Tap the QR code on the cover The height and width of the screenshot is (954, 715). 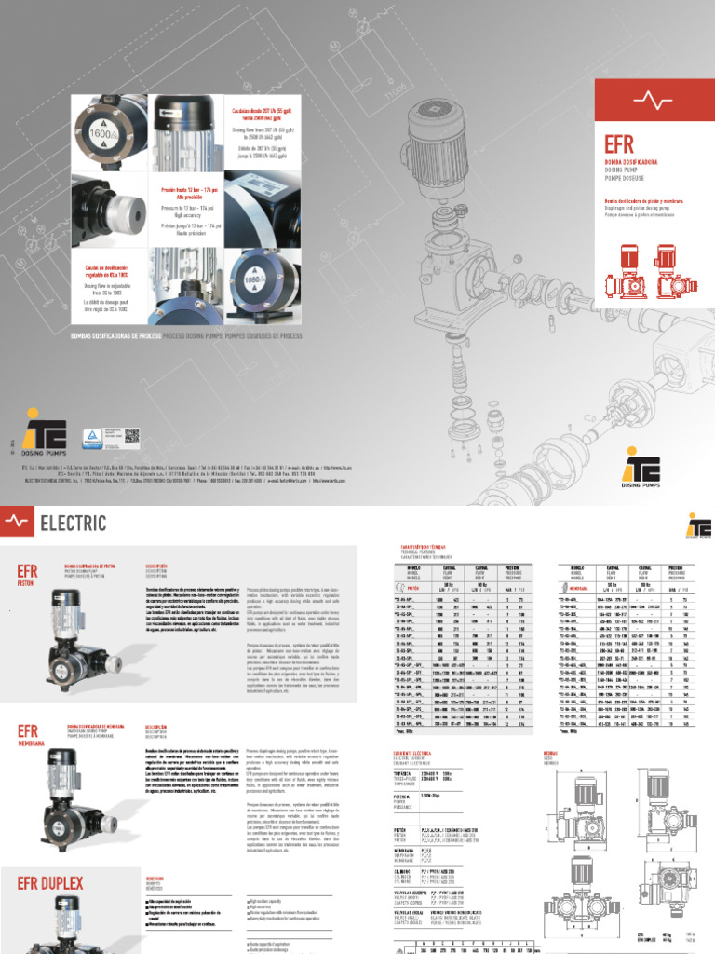(132, 437)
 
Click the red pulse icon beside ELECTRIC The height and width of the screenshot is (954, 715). (18, 524)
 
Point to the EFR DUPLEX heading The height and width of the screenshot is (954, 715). (50, 882)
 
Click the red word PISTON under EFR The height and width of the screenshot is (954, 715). (29, 586)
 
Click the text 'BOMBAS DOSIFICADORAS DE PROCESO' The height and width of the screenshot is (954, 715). (110, 334)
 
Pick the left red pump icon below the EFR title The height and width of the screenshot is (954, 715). (623, 269)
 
